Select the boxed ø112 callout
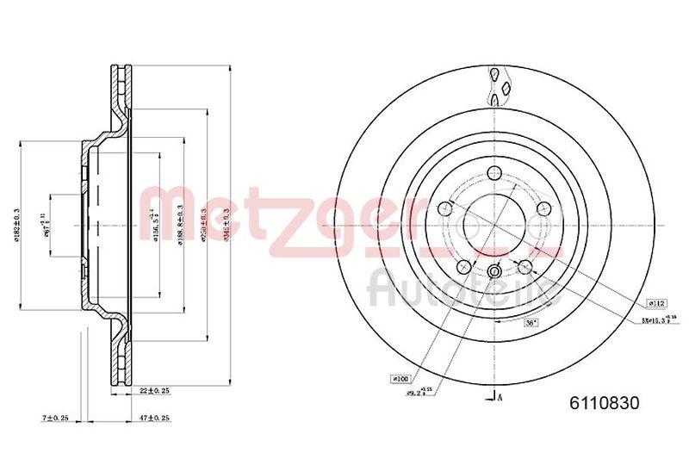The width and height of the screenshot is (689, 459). coord(655,303)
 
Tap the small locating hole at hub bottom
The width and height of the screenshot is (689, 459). coord(494,273)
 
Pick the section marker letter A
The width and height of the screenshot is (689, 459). coord(501,396)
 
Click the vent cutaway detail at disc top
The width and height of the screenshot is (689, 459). coord(499,85)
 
